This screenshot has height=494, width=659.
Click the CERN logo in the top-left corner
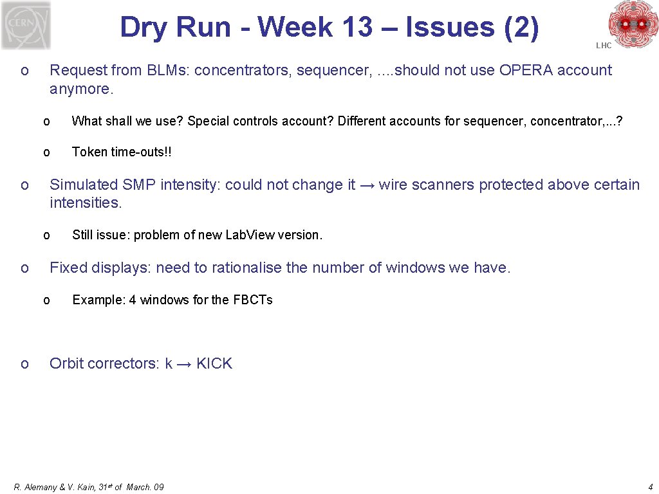[26, 25]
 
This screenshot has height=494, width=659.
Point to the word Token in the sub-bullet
[89, 152]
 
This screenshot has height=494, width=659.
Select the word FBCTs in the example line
[252, 300]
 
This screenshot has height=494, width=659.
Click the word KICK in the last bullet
[214, 363]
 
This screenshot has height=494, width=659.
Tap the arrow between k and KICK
[184, 364]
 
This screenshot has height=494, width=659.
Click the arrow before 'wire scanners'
[367, 185]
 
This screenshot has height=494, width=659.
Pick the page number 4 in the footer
[651, 487]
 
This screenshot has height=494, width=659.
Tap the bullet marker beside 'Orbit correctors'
[24, 364]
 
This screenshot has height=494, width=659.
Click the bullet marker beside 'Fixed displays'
[24, 268]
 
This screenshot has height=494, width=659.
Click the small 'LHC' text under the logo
[604, 46]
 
